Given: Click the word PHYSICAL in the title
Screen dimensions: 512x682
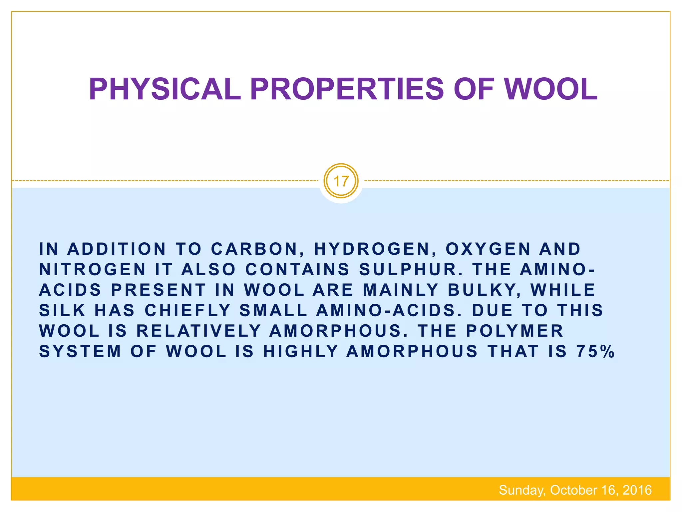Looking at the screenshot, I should click(165, 89).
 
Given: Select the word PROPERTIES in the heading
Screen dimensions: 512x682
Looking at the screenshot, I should click(347, 89).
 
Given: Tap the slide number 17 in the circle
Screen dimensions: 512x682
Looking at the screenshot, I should click(341, 181).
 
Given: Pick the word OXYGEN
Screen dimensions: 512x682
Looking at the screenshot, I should click(488, 249).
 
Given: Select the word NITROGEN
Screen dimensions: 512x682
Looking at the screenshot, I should click(93, 269).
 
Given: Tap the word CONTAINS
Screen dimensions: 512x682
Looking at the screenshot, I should click(297, 269).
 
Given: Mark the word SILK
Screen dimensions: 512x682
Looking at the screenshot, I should click(62, 310).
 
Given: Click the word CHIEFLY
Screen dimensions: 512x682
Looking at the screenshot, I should click(187, 310).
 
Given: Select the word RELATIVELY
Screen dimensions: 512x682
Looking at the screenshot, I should click(198, 331).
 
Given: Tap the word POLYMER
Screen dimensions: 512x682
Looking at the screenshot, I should click(514, 331).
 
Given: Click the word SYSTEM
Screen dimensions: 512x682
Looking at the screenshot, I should click(80, 352).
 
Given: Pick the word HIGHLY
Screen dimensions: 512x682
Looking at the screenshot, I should click(301, 352).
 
